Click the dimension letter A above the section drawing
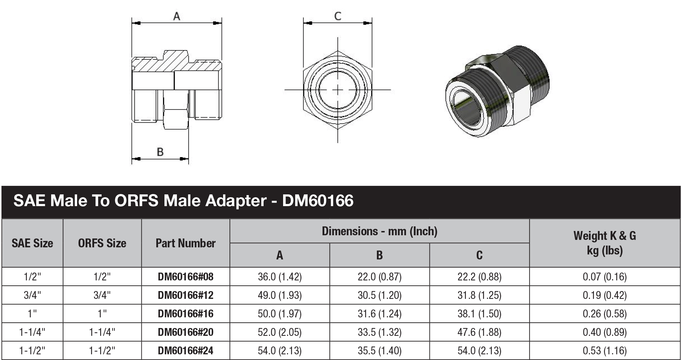177,16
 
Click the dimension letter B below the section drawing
160,152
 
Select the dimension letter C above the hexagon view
338,16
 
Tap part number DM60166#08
185,277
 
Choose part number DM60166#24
185,351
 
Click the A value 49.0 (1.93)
280,295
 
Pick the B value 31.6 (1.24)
379,314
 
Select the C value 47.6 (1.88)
479,332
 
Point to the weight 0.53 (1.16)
605,351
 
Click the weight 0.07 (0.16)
605,277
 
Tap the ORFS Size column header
102,243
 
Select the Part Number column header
185,243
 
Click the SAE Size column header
32,243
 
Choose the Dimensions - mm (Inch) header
379,231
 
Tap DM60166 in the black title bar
318,201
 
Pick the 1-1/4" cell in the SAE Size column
32,332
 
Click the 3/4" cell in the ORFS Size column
102,295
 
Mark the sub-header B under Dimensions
379,255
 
